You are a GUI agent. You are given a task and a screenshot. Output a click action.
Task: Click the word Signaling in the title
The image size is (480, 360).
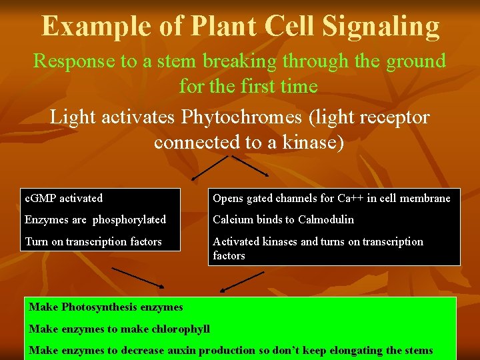coord(381,27)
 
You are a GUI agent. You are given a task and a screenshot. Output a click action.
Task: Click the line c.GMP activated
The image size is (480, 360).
coord(63,198)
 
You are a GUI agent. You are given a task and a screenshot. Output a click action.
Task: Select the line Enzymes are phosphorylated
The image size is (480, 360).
coord(95,219)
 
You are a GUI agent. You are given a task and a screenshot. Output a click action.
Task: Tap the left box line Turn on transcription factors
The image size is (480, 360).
coord(93,241)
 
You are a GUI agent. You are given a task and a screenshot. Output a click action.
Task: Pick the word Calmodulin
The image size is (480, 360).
coord(326,219)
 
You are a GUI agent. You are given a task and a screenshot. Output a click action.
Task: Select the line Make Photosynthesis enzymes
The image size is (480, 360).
coord(106,307)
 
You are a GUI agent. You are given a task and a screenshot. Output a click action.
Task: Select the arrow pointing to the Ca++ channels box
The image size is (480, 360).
coord(250,166)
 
